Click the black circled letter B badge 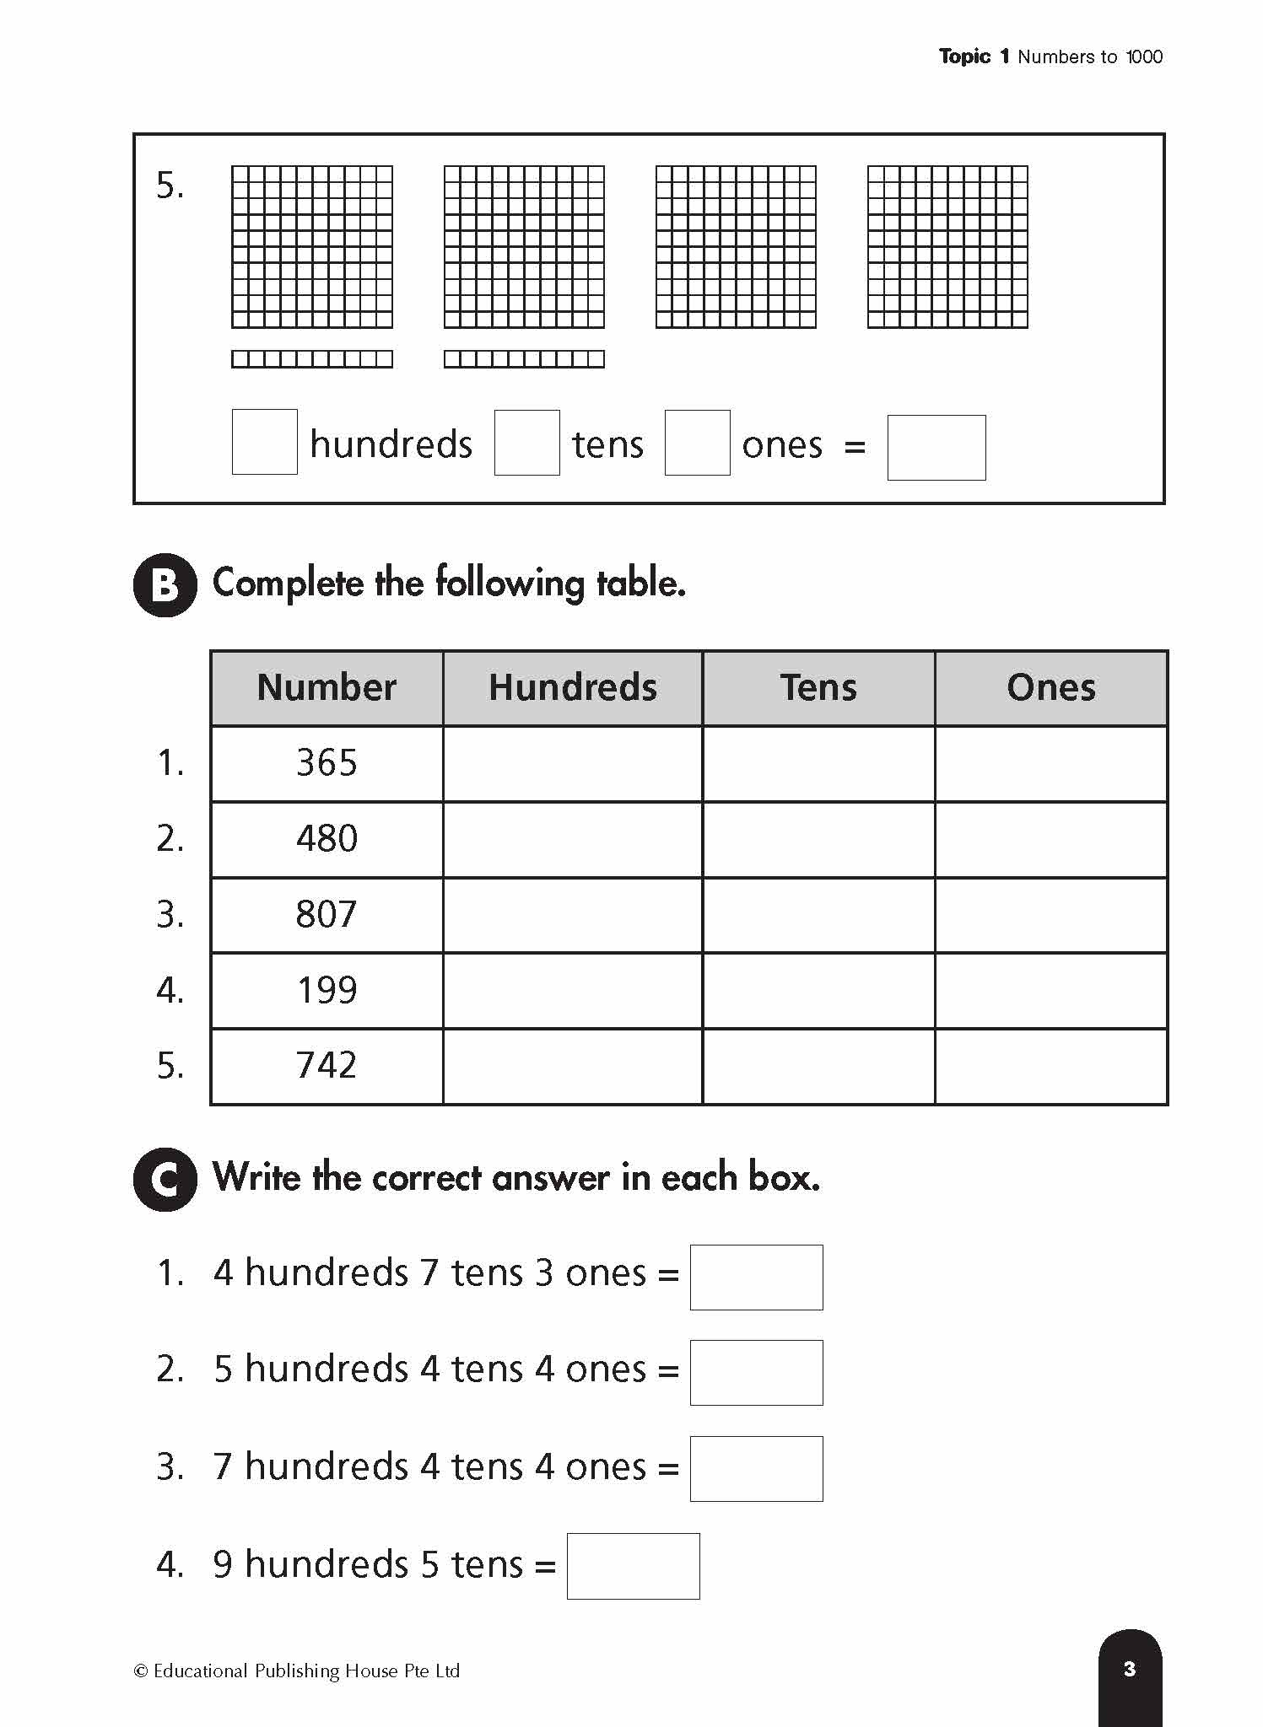(165, 584)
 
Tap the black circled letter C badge (165, 1179)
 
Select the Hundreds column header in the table (572, 687)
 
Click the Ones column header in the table (1050, 687)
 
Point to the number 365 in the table (327, 763)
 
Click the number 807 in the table (327, 914)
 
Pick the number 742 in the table (327, 1065)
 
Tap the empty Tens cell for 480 (818, 839)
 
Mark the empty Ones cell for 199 (1050, 990)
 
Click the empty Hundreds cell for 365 (572, 763)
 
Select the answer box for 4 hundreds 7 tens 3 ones (756, 1277)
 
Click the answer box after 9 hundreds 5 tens (633, 1566)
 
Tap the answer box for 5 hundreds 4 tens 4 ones (756, 1372)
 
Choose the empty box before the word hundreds (264, 442)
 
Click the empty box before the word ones (697, 443)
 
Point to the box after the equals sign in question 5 (936, 447)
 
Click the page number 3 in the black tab (1130, 1668)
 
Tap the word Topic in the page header (964, 56)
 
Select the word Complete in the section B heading (287, 584)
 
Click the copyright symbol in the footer (141, 1671)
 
